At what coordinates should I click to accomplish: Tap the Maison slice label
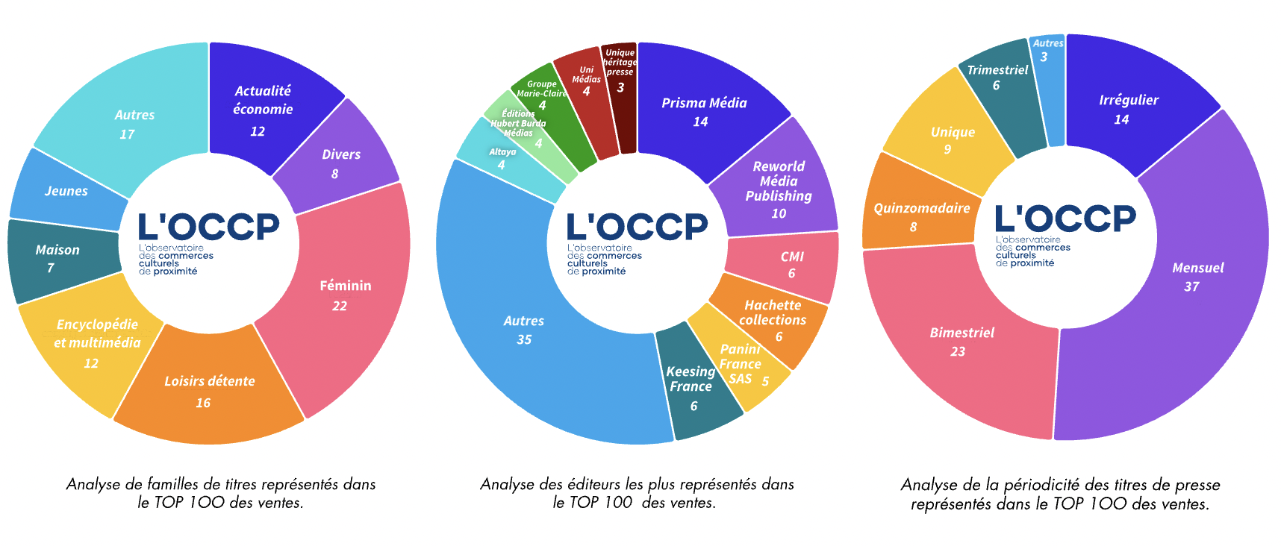[57, 251]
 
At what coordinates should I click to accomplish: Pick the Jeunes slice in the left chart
[66, 191]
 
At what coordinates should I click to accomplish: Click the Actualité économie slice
[263, 108]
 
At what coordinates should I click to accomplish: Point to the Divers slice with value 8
[340, 163]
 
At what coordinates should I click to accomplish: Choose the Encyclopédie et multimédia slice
[97, 342]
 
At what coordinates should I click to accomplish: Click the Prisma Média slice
[704, 110]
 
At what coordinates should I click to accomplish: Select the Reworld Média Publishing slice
[779, 188]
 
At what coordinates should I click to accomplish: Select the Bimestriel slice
[961, 341]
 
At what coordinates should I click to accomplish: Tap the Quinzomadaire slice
[921, 216]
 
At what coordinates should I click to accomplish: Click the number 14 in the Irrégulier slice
[1121, 119]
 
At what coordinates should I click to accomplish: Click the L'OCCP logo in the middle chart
[637, 228]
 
